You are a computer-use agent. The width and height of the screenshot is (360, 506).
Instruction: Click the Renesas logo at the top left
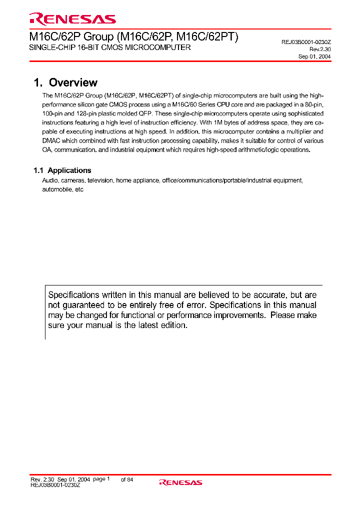72,19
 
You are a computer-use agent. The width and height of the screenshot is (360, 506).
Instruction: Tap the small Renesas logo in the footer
180,482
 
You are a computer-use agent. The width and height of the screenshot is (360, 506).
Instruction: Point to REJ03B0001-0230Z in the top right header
306,42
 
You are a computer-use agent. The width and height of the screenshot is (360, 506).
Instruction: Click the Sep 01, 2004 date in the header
314,56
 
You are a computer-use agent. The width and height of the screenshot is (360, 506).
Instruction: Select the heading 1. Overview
65,83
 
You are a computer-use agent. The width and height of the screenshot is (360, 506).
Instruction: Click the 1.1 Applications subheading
62,170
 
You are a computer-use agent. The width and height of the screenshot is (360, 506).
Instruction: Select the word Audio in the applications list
50,180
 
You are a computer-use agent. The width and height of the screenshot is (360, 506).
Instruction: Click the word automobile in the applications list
56,190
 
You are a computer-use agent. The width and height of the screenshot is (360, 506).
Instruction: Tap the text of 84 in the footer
127,479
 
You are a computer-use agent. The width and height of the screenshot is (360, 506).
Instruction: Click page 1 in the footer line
101,479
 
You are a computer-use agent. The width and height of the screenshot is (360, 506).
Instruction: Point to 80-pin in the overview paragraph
314,105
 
